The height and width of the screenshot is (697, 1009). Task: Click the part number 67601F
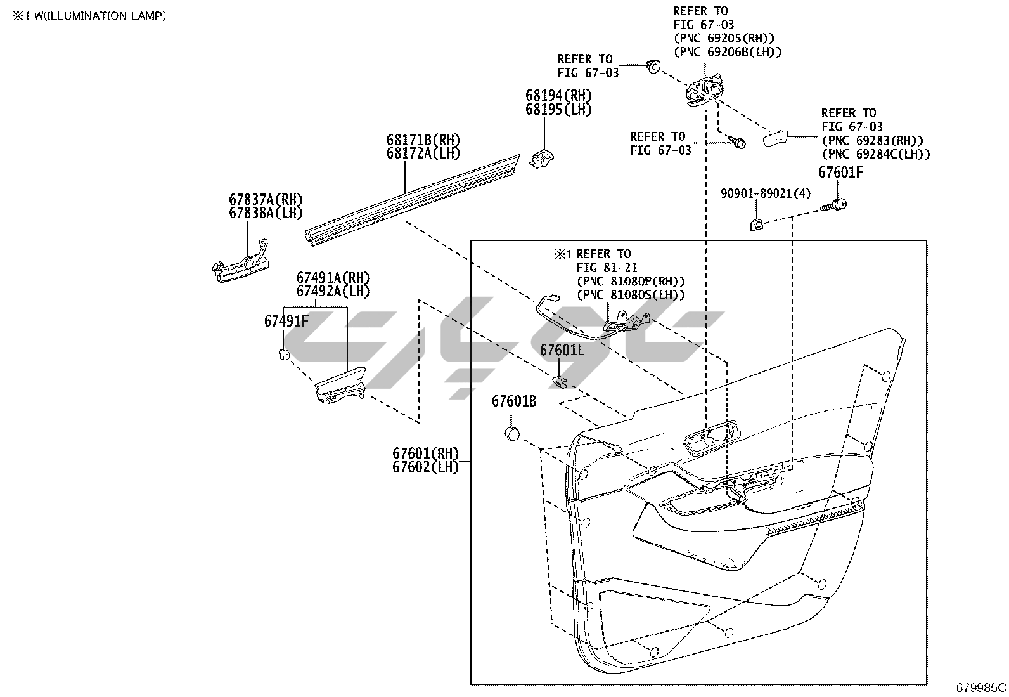[x=840, y=173]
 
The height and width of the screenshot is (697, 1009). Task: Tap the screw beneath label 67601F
[x=833, y=205]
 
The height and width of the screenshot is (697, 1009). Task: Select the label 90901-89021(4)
[x=766, y=193]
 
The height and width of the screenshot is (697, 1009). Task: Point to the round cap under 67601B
[x=512, y=434]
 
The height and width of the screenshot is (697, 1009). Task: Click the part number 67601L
[x=562, y=350]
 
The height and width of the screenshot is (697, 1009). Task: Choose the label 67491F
[x=286, y=321]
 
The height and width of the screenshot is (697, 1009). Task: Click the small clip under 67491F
[x=284, y=355]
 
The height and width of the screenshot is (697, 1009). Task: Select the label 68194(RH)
[x=558, y=96]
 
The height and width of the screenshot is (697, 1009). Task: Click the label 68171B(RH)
[x=423, y=140]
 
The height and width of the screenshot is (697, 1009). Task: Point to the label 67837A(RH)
[x=266, y=199]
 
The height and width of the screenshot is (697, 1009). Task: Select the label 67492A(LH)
[x=333, y=291]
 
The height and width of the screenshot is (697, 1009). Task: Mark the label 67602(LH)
[x=425, y=467]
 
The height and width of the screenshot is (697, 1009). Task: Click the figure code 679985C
[x=981, y=687]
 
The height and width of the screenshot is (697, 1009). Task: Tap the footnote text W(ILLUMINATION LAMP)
[x=100, y=16]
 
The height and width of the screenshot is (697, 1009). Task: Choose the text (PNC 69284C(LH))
[x=876, y=154]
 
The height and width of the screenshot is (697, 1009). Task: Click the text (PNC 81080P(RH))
[x=631, y=282]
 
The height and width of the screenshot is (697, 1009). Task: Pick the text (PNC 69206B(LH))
[x=728, y=52]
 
